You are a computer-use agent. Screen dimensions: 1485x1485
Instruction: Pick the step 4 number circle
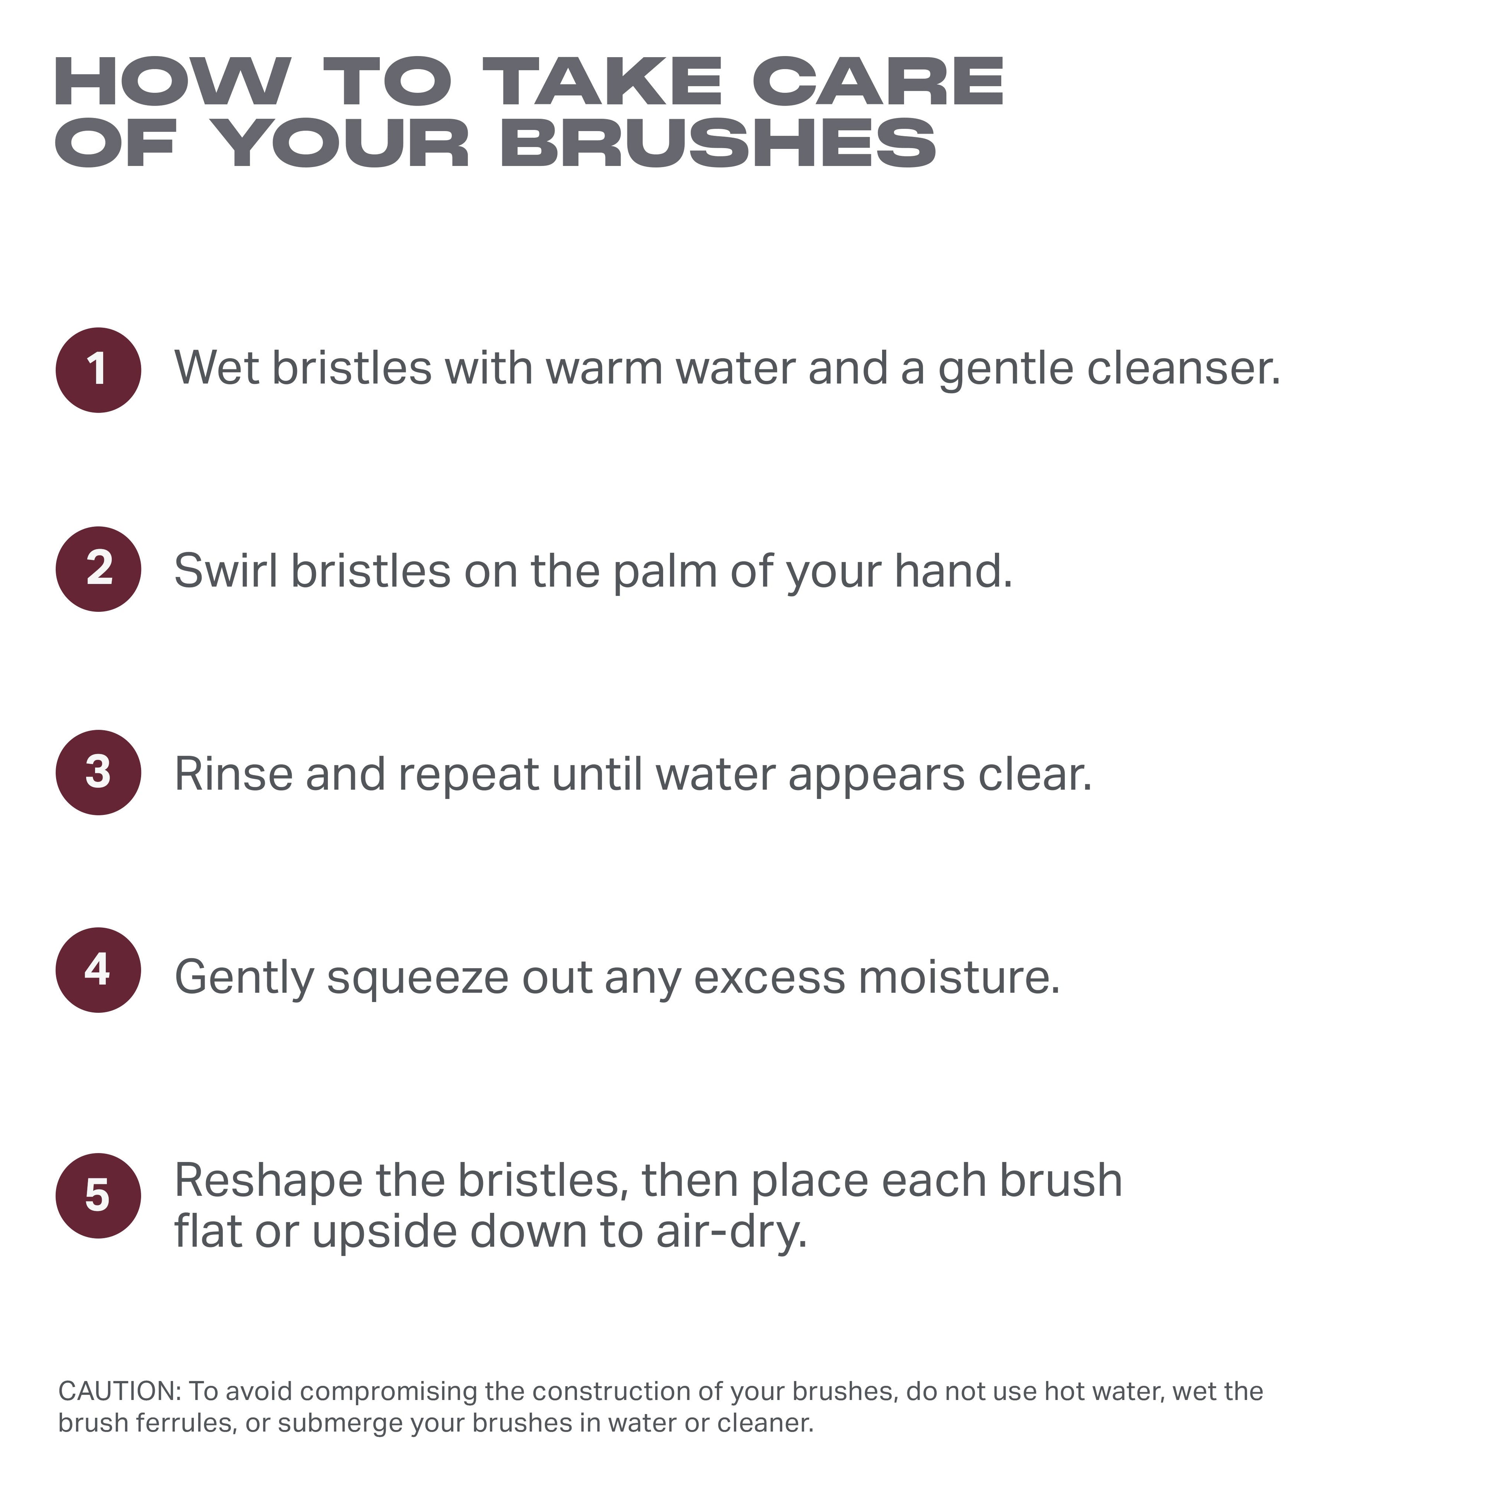click(98, 970)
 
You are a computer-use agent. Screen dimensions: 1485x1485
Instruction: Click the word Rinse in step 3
click(234, 774)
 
